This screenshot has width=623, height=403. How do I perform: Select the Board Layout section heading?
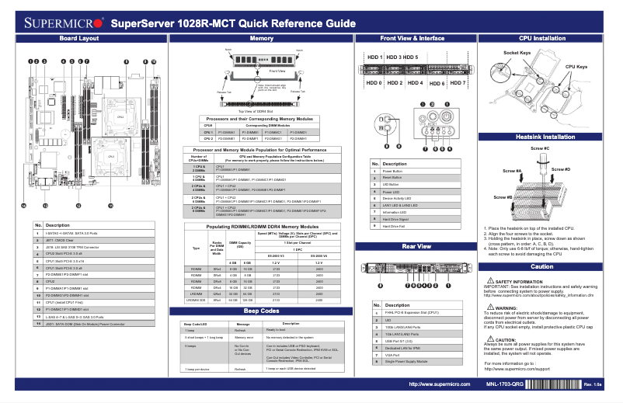click(x=79, y=38)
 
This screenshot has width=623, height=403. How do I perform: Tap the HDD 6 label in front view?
click(x=437, y=82)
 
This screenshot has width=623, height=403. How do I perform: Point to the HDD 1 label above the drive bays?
click(x=375, y=57)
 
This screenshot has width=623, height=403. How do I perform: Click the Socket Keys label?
click(x=517, y=52)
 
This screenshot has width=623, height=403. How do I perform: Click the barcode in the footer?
click(x=559, y=384)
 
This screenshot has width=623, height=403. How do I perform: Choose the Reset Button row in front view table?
click(x=397, y=178)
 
